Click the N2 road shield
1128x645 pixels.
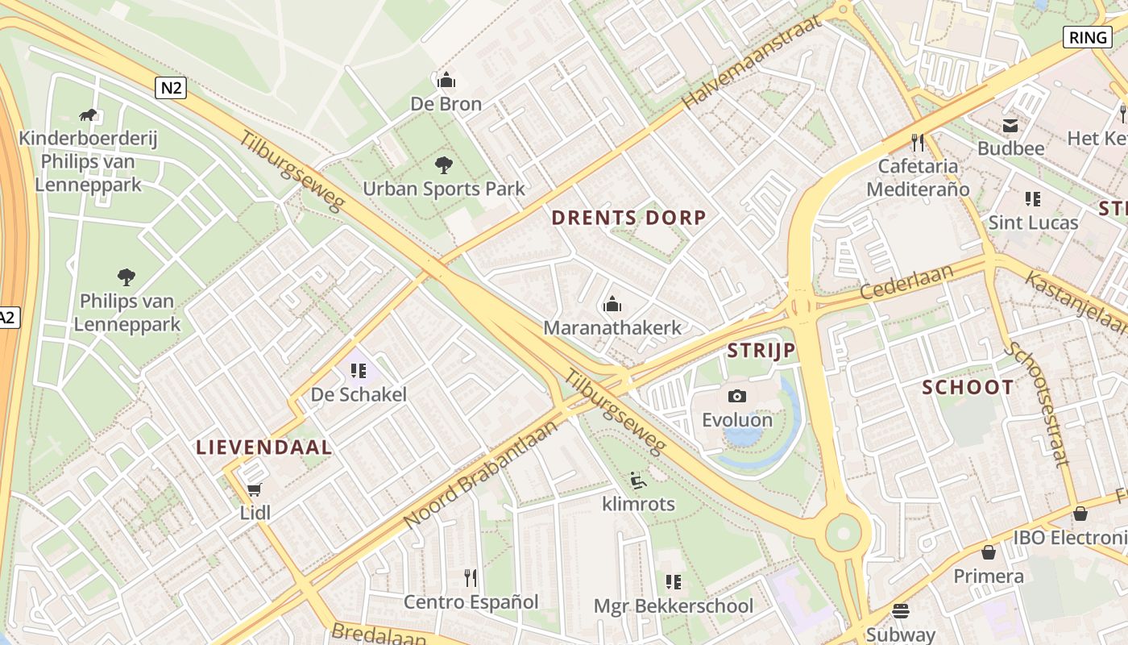click(171, 88)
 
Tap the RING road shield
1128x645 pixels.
click(1088, 36)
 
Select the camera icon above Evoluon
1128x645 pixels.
click(736, 396)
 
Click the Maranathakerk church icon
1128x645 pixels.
click(612, 305)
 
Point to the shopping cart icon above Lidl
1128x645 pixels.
click(255, 489)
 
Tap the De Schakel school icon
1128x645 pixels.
click(359, 371)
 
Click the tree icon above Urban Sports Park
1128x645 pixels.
click(443, 165)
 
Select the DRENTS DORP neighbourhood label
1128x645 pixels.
click(628, 217)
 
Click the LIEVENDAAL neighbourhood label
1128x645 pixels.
click(264, 447)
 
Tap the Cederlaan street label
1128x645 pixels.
click(906, 281)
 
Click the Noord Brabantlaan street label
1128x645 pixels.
click(480, 476)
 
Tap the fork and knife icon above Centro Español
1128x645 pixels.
click(471, 577)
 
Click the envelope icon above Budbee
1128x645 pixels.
click(1010, 125)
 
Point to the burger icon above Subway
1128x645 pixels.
click(901, 611)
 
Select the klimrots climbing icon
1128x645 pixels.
click(638, 481)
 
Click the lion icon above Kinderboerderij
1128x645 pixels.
click(88, 114)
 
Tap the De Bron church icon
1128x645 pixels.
click(446, 80)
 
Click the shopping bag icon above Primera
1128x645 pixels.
click(989, 552)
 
